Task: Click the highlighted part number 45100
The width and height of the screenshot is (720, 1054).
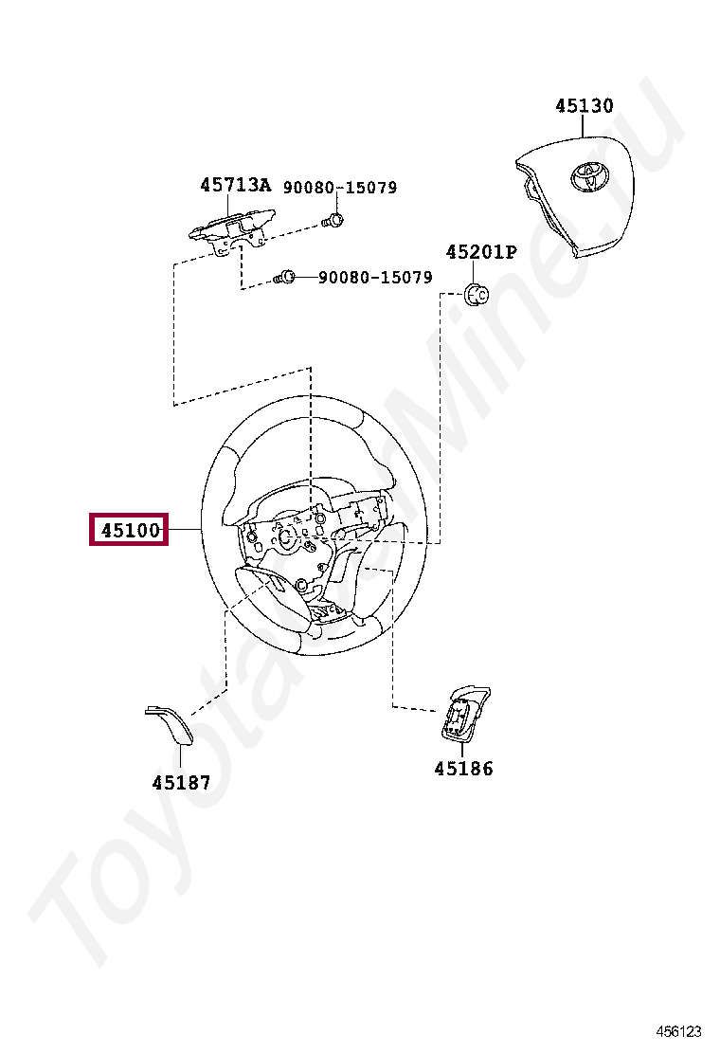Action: click(x=128, y=529)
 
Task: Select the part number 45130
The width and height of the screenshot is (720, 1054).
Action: click(x=584, y=106)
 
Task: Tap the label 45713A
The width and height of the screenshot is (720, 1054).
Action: click(x=235, y=186)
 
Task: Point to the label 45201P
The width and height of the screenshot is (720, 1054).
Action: click(x=481, y=252)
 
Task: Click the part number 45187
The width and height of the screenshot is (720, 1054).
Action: click(x=181, y=783)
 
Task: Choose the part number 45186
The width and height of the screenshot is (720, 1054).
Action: click(x=463, y=769)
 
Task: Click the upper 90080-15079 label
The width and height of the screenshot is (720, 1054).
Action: click(x=339, y=188)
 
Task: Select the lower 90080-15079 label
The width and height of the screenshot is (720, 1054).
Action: click(x=375, y=278)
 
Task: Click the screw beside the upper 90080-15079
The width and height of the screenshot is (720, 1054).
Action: click(x=332, y=222)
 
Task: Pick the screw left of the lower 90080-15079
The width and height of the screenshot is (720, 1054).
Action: click(x=285, y=278)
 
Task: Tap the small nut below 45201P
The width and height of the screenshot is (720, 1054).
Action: click(x=478, y=293)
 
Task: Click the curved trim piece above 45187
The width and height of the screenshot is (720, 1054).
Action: click(x=169, y=722)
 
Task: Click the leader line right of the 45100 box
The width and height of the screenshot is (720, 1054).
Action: click(x=184, y=529)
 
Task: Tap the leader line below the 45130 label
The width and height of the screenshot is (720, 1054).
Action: click(x=584, y=128)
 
